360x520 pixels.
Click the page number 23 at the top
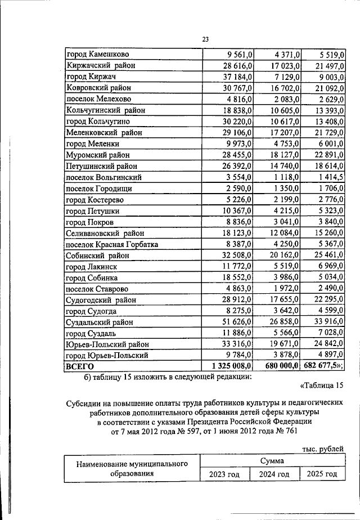(x=206, y=39)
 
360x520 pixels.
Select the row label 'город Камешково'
(x=98, y=55)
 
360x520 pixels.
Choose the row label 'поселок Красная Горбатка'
(x=112, y=244)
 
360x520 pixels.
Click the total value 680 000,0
(x=283, y=366)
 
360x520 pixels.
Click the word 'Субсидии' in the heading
(x=84, y=403)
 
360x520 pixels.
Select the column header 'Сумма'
(x=272, y=461)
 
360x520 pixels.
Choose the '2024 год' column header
(x=274, y=474)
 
